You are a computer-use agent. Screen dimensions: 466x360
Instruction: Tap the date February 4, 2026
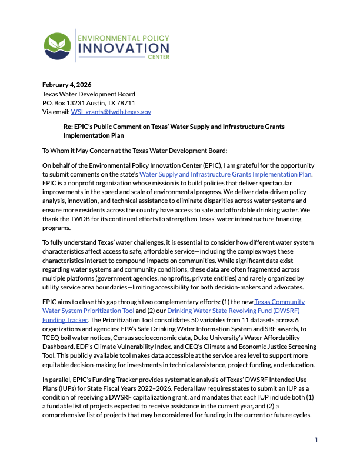(66, 85)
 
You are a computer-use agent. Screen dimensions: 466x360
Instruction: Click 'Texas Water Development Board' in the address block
(88, 94)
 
